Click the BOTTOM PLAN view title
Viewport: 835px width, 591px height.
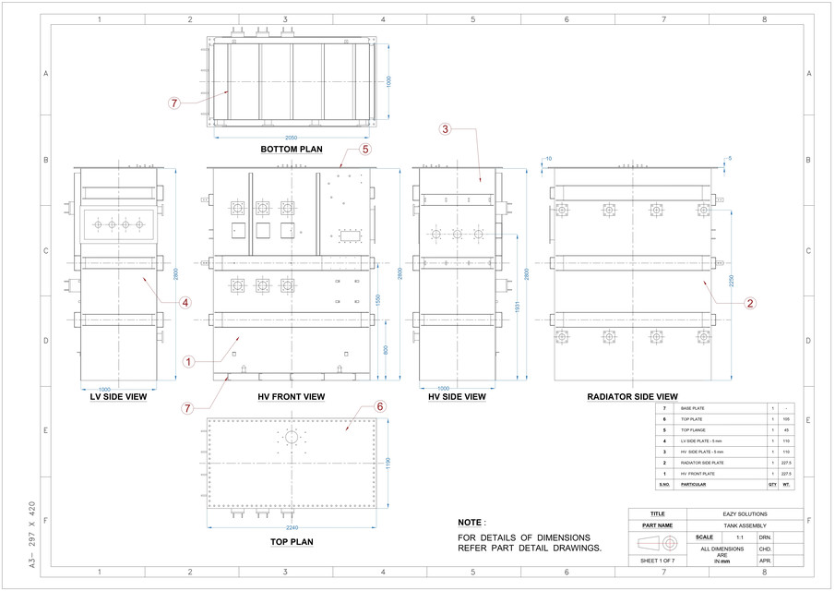coord(291,149)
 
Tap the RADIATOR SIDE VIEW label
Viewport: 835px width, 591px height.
coord(632,397)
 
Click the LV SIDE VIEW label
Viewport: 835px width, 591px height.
coord(117,397)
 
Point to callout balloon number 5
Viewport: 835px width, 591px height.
coord(364,148)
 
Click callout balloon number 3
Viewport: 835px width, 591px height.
coord(445,129)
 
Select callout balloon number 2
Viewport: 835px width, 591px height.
coord(750,302)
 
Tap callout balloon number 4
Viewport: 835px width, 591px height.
coord(185,302)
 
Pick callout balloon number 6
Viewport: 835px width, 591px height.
coord(379,405)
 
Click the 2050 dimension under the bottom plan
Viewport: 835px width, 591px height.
coord(291,137)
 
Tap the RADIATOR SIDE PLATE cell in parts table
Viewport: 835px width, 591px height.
coord(702,462)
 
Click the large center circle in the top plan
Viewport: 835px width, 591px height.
coord(292,437)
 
